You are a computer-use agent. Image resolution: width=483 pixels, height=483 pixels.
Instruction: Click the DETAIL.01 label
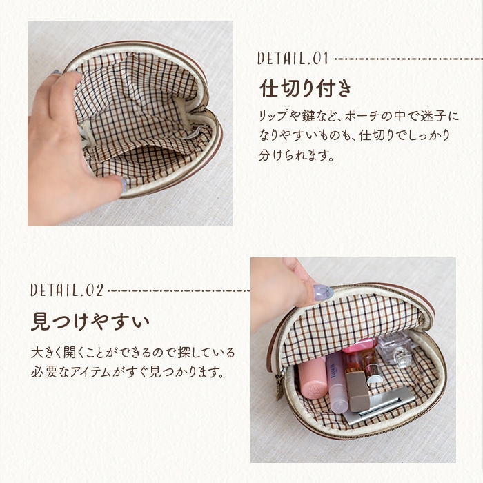(x=293, y=58)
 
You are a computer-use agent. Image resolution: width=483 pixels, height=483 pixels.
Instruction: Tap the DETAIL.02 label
(x=67, y=290)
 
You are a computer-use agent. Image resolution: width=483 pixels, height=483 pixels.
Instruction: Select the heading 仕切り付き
(x=305, y=88)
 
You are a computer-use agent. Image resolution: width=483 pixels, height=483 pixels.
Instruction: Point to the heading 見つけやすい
(x=90, y=322)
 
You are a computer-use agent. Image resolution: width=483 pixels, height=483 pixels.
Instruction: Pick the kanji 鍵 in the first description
(x=308, y=116)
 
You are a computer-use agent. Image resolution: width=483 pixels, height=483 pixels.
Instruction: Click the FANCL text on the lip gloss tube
(x=333, y=371)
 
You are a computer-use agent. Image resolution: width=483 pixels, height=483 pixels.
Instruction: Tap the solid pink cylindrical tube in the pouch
(x=312, y=377)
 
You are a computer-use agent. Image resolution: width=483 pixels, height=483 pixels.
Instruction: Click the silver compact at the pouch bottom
(x=379, y=404)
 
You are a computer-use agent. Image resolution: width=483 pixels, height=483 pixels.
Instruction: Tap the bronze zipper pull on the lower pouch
(x=279, y=387)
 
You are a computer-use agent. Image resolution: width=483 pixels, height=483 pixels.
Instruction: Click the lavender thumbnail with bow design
(x=323, y=293)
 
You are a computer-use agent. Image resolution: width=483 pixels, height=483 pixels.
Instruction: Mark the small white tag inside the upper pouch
(x=193, y=134)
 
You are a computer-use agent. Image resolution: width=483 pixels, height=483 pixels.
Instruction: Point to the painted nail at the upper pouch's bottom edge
(x=124, y=185)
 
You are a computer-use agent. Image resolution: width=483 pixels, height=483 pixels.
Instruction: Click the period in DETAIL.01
(x=308, y=63)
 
